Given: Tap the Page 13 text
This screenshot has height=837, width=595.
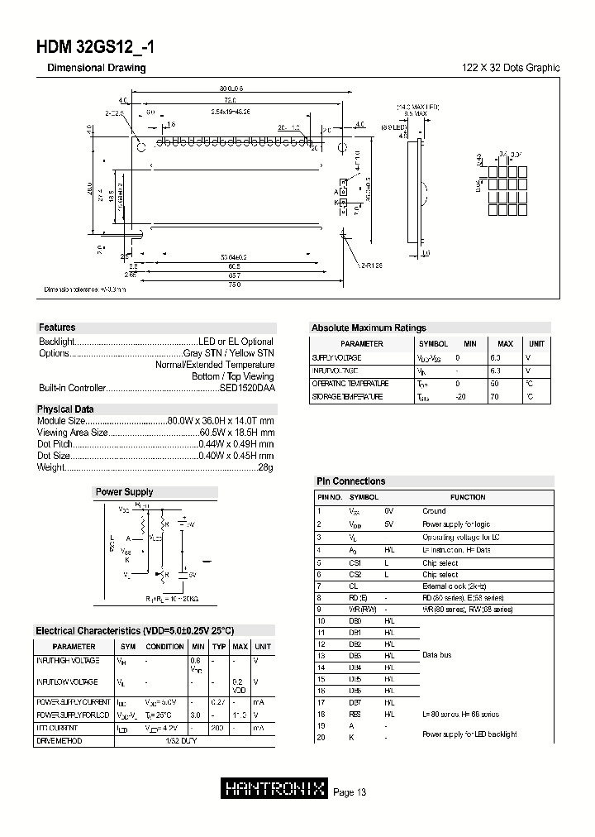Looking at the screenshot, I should click(x=350, y=792).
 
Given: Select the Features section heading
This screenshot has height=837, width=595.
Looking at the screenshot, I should click(x=56, y=328).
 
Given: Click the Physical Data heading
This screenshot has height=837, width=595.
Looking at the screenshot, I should click(x=65, y=409).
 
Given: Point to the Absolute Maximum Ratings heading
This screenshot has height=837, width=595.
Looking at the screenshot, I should click(x=369, y=328).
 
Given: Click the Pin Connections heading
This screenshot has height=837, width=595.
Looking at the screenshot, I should click(x=351, y=481).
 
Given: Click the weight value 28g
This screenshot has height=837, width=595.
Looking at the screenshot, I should click(x=265, y=468).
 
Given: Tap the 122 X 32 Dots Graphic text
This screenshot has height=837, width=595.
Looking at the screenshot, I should click(x=510, y=68).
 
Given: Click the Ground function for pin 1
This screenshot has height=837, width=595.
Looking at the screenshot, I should click(x=434, y=511).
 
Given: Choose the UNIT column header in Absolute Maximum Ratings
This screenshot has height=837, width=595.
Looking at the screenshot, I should click(x=536, y=343).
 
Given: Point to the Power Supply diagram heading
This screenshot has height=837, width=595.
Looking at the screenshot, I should click(x=125, y=492).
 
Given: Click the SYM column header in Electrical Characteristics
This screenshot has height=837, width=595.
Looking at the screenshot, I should click(x=128, y=646).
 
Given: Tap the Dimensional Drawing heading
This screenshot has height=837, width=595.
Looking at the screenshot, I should click(x=97, y=68).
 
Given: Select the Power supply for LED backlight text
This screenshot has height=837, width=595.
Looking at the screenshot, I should click(x=469, y=734).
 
